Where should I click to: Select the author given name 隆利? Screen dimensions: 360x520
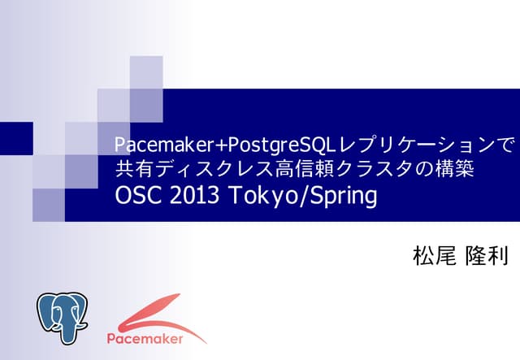(487, 257)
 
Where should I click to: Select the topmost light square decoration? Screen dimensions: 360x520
(146, 72)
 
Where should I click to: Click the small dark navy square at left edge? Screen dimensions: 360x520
(16, 138)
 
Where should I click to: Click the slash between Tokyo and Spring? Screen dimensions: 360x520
(297, 197)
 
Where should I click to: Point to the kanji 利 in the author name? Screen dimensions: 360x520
(496, 257)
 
